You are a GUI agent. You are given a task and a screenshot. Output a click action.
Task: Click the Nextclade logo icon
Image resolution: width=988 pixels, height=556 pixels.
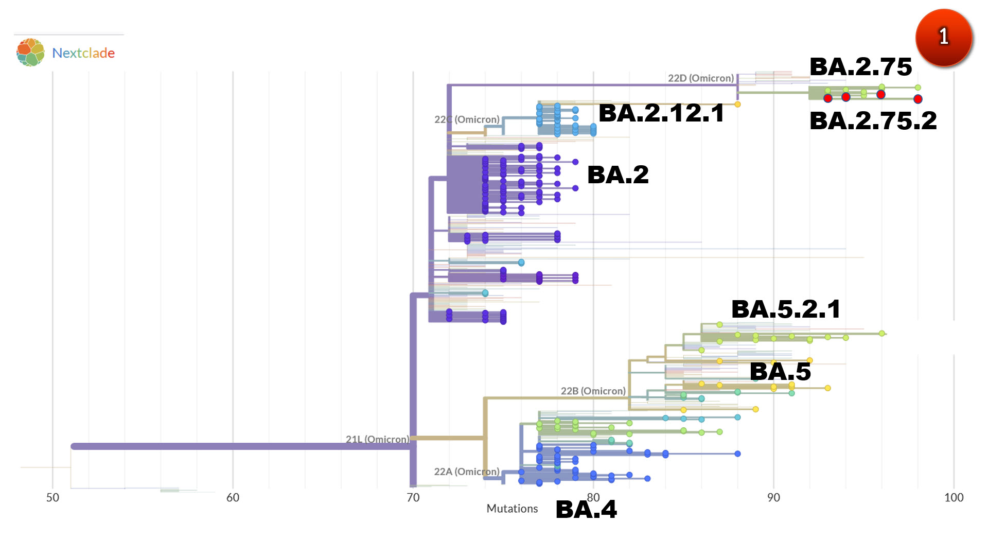[30, 52]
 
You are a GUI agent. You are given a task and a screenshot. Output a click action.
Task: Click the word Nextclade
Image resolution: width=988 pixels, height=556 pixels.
[83, 53]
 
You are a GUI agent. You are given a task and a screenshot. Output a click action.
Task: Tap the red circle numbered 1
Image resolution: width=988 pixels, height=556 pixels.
[943, 37]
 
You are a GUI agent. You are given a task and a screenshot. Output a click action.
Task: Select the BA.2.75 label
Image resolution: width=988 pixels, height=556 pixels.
[860, 67]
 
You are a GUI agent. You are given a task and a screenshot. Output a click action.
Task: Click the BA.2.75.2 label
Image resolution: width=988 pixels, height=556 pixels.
[873, 121]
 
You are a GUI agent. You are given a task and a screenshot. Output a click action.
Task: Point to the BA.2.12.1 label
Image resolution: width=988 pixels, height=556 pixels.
[661, 113]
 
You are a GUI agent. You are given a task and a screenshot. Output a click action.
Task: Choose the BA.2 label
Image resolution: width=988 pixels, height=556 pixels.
[617, 175]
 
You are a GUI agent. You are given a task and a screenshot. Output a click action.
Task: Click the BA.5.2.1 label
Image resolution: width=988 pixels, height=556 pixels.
[786, 309]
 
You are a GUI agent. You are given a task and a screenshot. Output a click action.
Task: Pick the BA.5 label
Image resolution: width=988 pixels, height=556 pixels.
[780, 372]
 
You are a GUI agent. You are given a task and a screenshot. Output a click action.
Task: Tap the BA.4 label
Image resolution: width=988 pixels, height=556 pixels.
[586, 510]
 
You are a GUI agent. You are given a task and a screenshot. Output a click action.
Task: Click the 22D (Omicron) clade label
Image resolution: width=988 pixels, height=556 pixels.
[700, 78]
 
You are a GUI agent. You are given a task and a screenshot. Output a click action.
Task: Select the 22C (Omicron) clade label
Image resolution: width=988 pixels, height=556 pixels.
[467, 119]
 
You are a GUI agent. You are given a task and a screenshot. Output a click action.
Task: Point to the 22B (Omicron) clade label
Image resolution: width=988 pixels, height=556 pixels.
[593, 391]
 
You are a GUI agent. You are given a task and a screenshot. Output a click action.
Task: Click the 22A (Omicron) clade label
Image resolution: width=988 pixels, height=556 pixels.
[466, 472]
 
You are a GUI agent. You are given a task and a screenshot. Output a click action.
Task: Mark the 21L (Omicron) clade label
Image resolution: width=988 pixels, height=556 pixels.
[377, 439]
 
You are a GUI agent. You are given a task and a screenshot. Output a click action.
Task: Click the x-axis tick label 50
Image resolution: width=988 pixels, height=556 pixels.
[52, 498]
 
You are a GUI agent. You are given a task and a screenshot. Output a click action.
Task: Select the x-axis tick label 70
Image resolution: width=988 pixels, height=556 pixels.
[413, 498]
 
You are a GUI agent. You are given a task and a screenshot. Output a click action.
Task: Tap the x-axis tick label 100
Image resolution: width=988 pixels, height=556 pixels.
[954, 498]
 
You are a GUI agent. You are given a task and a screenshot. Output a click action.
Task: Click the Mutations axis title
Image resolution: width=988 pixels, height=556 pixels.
[512, 509]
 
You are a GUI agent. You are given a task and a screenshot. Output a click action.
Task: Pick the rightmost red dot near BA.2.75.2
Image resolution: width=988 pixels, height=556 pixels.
[918, 99]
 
